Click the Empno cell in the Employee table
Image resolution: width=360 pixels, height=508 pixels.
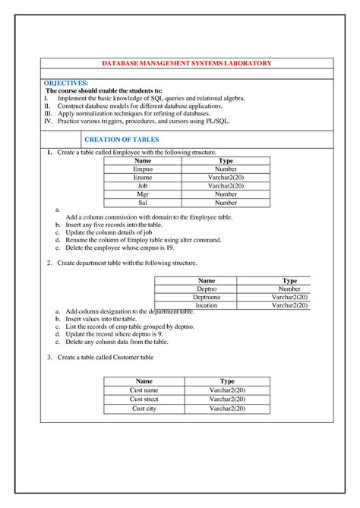click(143, 169)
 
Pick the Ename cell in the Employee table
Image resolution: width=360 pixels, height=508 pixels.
click(143, 178)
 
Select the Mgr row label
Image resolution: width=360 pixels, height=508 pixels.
click(143, 194)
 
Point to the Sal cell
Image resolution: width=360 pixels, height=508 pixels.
click(143, 203)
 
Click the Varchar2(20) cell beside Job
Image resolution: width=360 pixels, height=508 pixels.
click(226, 186)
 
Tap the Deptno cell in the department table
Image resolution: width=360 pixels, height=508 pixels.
click(206, 289)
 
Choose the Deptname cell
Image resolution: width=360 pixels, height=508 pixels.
click(206, 298)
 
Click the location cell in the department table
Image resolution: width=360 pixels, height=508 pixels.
click(206, 305)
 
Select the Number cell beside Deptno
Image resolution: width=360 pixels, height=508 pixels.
click(289, 289)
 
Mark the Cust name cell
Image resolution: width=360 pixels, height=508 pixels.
click(144, 390)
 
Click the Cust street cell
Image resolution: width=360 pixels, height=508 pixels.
click(144, 399)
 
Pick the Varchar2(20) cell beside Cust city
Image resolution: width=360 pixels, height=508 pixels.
click(227, 409)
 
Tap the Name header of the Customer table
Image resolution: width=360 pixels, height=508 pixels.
click(144, 381)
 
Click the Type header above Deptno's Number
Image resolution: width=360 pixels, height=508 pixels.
click(289, 281)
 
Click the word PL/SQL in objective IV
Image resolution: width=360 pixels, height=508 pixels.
click(216, 121)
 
